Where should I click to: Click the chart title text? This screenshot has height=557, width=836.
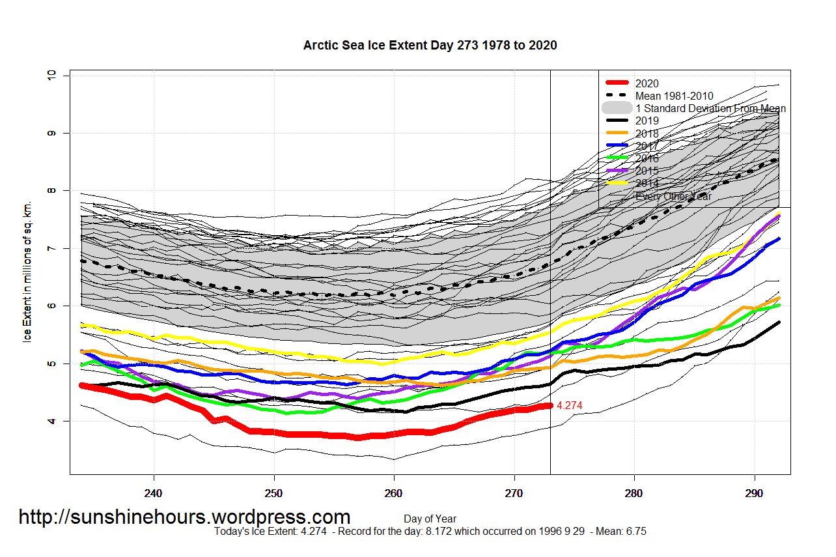430,45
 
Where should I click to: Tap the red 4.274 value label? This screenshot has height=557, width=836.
569,406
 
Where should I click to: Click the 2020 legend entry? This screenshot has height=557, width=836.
647,83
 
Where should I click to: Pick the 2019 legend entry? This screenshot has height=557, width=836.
647,121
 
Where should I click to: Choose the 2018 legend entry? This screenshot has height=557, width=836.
647,134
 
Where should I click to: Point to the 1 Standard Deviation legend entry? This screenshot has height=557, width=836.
710,108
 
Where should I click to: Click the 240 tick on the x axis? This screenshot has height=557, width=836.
154,493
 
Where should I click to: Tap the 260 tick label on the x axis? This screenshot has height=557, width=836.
394,493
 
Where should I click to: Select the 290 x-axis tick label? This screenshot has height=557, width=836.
754,493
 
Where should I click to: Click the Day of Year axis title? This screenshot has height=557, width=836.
430,519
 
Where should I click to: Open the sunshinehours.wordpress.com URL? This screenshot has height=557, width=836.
184,517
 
